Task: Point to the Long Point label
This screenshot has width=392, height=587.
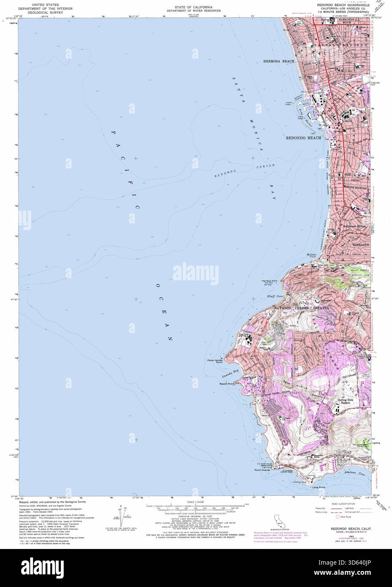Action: point(319,487)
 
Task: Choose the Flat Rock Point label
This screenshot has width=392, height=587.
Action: point(269,281)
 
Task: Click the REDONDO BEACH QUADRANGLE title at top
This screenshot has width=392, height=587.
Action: point(343,5)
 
